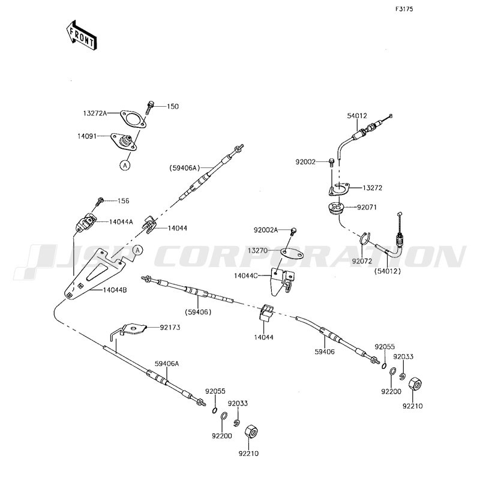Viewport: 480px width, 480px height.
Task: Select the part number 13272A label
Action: (x=95, y=113)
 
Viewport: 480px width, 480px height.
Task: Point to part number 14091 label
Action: (x=94, y=137)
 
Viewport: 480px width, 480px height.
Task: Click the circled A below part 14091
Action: (x=124, y=164)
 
